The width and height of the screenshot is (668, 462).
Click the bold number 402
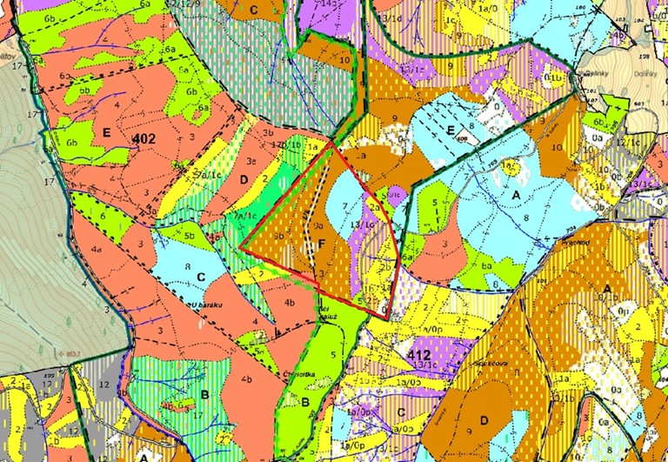146,138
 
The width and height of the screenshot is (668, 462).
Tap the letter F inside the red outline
322,243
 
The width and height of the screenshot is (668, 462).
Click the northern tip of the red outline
333,143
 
